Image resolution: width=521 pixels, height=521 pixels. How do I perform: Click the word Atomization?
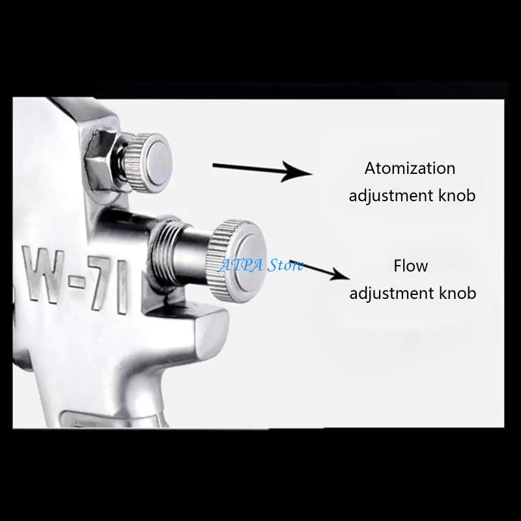(410, 168)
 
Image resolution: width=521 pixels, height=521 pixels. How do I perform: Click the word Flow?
(411, 266)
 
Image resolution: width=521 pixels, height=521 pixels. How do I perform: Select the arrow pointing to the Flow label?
(319, 270)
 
